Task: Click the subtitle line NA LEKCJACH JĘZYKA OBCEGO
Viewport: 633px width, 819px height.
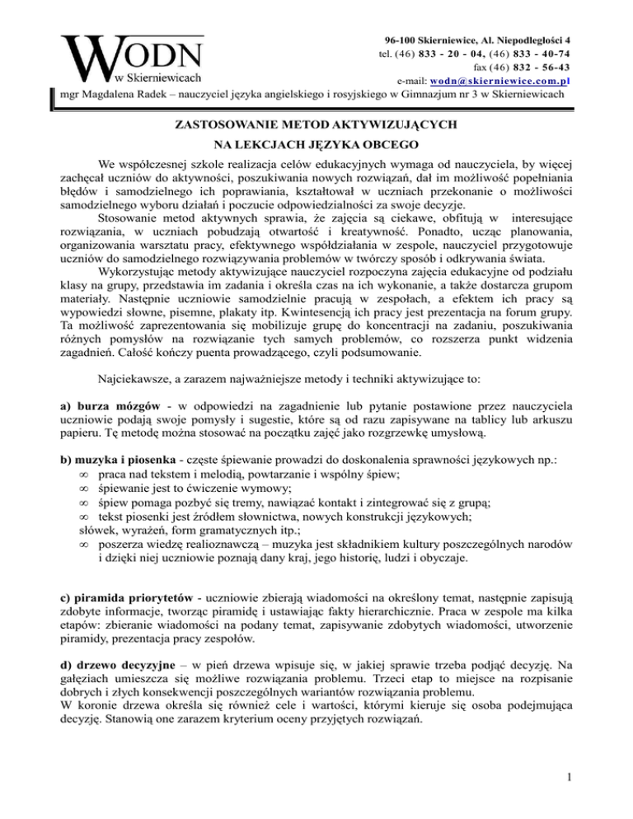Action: pyautogui.click(x=316, y=145)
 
